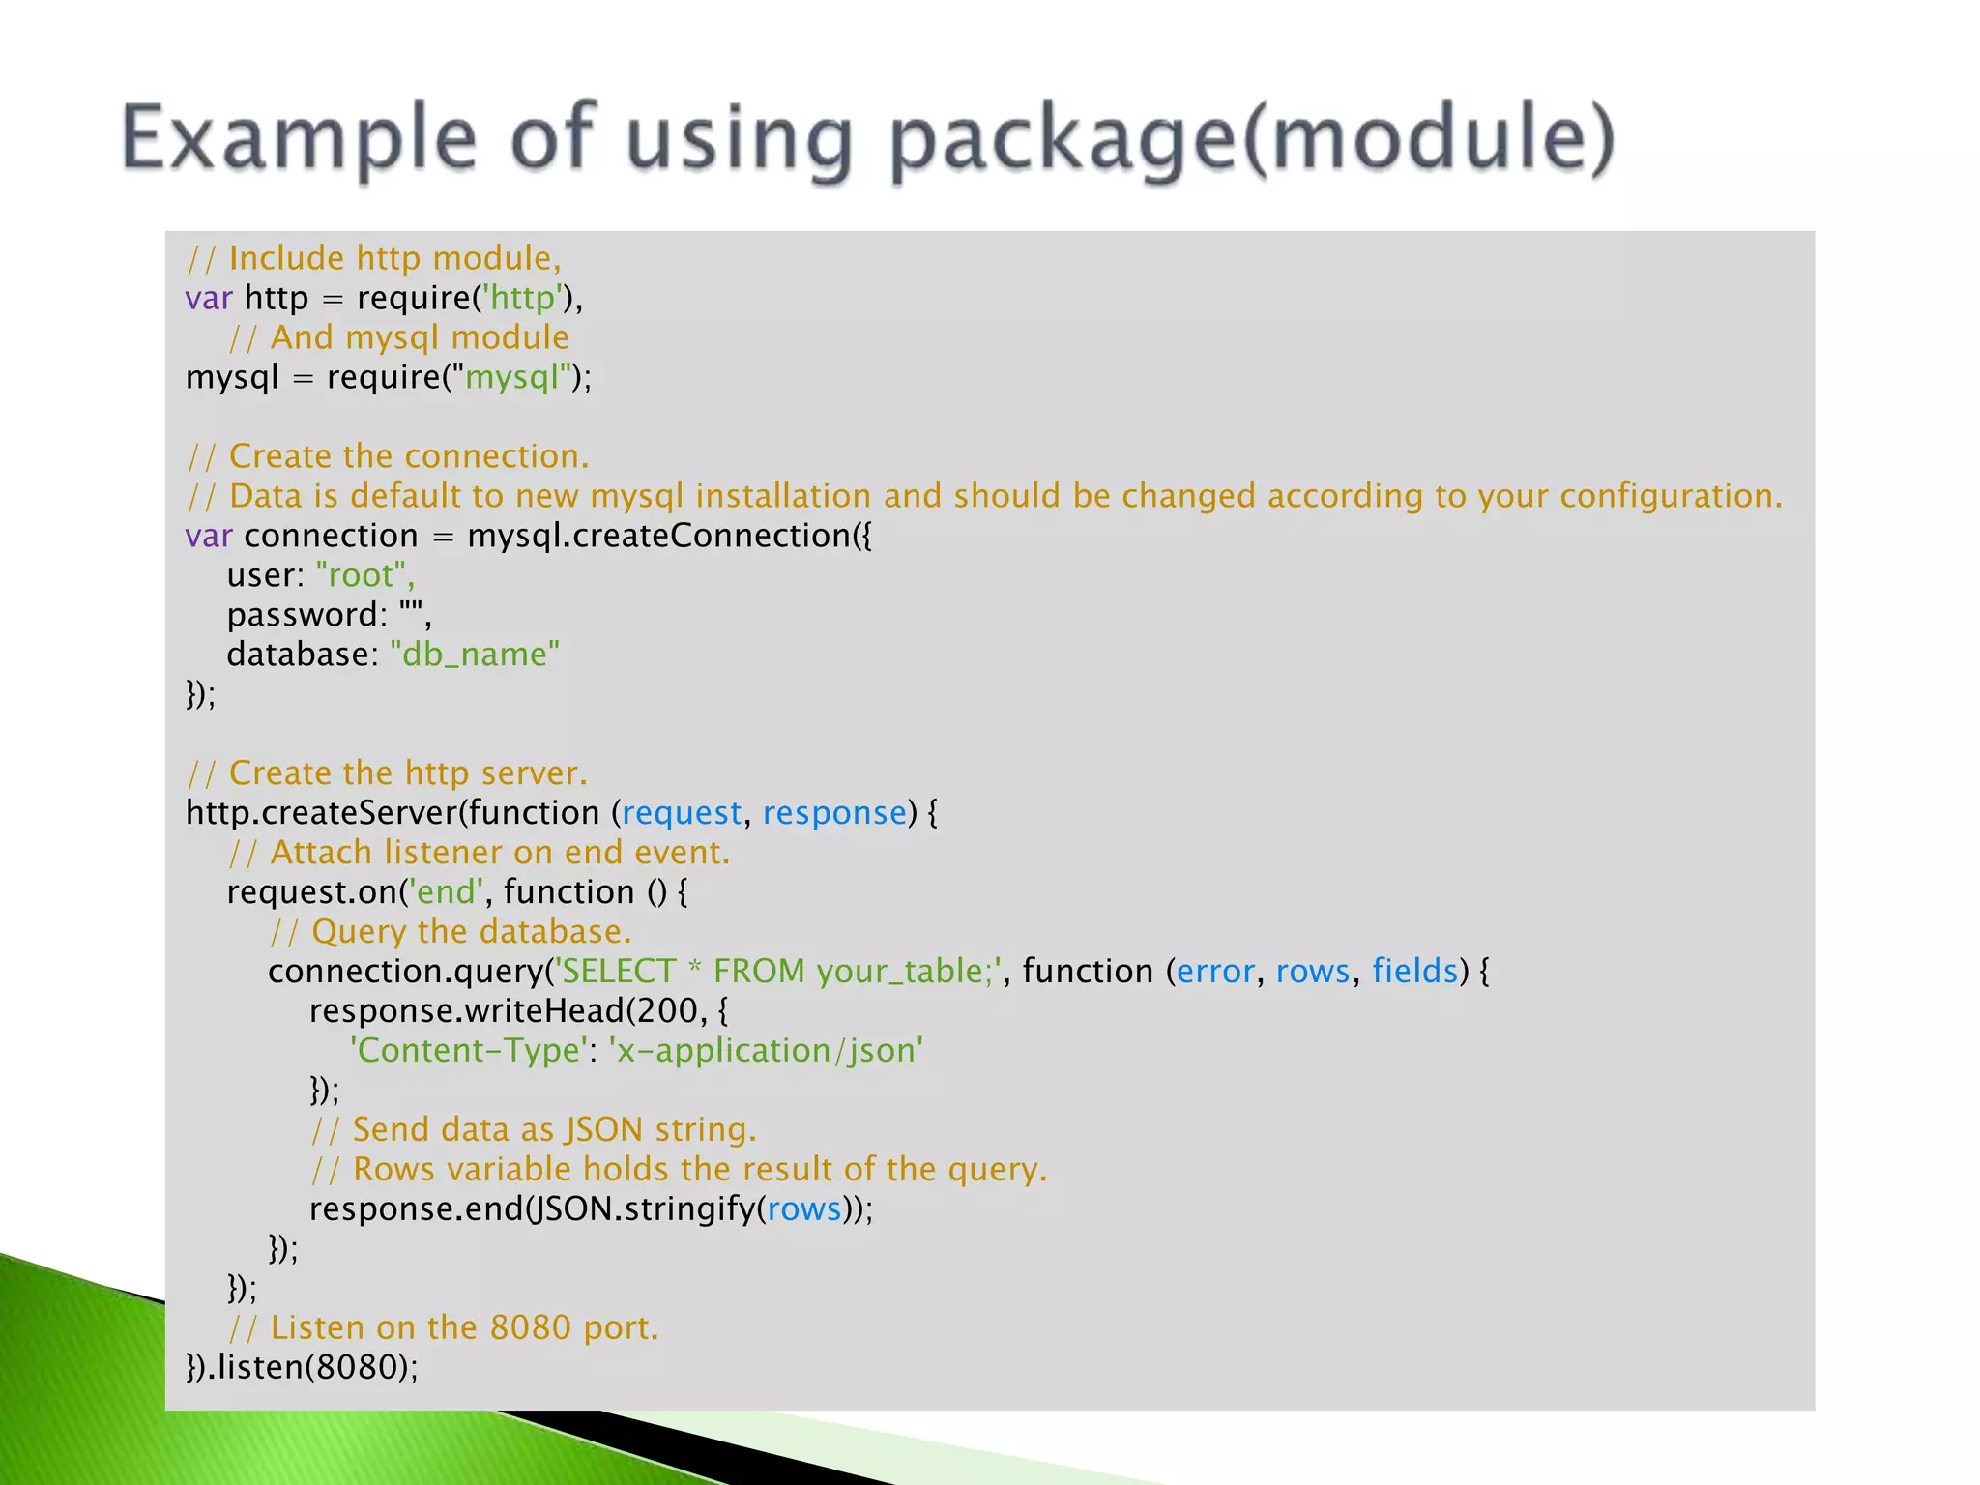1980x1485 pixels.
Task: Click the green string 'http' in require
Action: pos(522,298)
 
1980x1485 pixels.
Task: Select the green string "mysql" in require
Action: pos(512,377)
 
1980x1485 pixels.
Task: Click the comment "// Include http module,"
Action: pos(373,258)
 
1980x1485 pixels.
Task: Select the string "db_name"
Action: pos(475,655)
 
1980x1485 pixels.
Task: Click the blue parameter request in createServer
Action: pos(681,813)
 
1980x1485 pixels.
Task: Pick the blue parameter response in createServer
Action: pos(834,813)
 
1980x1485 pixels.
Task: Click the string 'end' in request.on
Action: pos(446,892)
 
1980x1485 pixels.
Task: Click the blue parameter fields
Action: pos(1414,972)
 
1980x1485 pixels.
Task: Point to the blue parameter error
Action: pos(1215,972)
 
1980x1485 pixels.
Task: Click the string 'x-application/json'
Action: pos(766,1051)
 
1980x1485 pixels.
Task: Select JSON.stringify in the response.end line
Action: pos(642,1209)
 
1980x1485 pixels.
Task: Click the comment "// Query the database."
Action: pos(450,932)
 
